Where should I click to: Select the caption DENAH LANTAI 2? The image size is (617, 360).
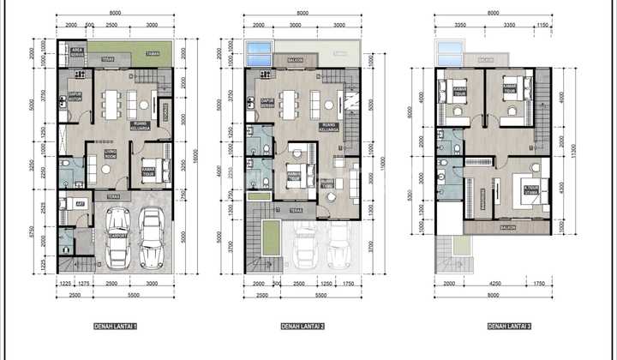point(302,327)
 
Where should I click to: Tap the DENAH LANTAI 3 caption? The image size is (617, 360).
point(508,327)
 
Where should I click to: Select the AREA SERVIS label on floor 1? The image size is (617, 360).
point(76,53)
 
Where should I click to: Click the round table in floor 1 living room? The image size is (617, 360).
point(106,169)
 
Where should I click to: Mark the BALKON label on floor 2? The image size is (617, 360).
point(294,60)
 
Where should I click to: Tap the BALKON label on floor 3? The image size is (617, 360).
point(506,228)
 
